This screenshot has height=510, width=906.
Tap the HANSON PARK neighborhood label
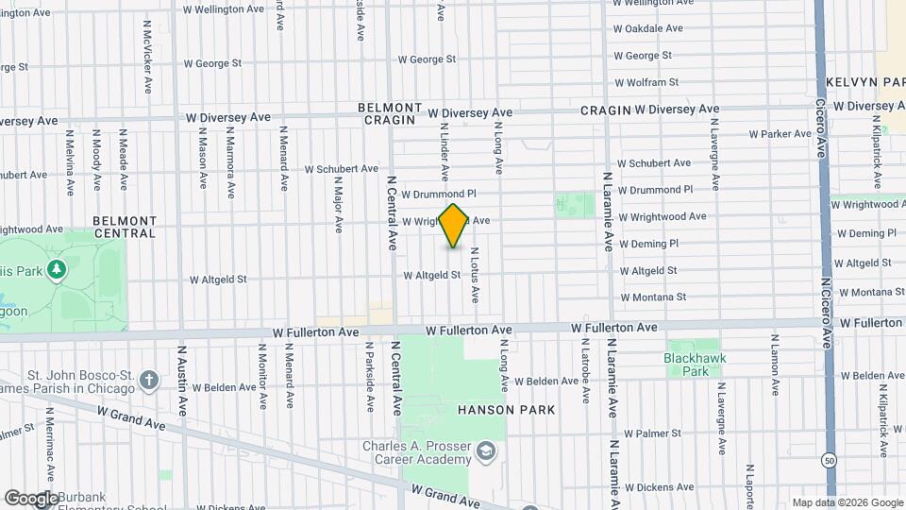pos(506,410)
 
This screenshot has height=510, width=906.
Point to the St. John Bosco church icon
pos(148,381)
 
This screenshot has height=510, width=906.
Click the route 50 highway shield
pos(828,460)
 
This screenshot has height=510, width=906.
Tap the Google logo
pos(31,498)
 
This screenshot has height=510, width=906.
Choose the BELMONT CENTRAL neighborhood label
pos(125,227)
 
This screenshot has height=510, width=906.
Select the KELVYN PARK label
pos(864,83)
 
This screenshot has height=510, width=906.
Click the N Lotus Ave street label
pos(475,275)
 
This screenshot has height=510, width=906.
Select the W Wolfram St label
pos(646,83)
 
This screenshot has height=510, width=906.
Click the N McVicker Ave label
pos(148,57)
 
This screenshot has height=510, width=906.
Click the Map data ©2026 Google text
pos(847,502)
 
